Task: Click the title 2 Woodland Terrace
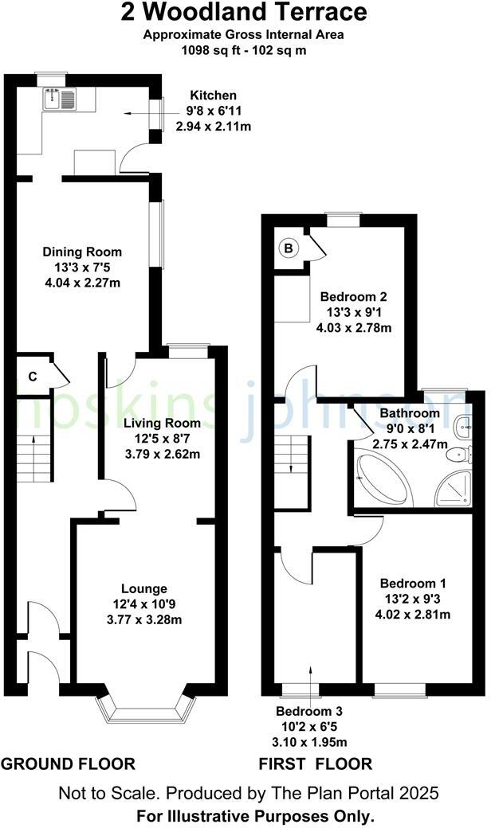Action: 245,13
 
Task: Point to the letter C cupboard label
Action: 33,377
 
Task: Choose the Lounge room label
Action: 144,589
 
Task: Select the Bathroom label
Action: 409,414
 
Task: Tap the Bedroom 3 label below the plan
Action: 312,711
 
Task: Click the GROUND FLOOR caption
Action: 68,764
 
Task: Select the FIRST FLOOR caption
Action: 315,764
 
